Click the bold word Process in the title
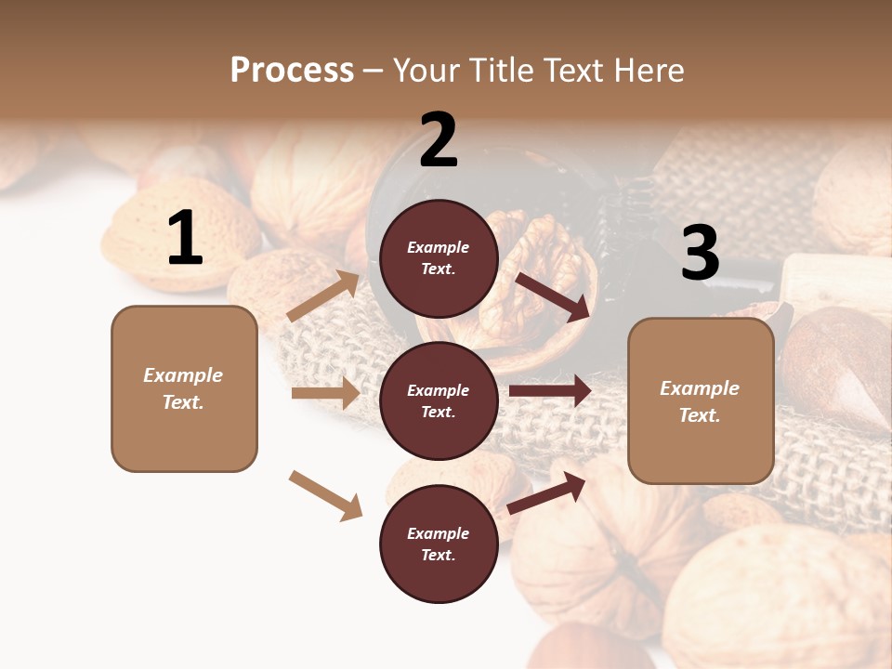pyautogui.click(x=292, y=70)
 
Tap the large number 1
pyautogui.click(x=185, y=238)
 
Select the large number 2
pyautogui.click(x=439, y=140)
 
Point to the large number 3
pyautogui.click(x=700, y=253)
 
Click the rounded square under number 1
pyautogui.click(x=184, y=388)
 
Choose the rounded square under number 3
pyautogui.click(x=701, y=401)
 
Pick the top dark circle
pyautogui.click(x=439, y=258)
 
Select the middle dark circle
pyautogui.click(x=439, y=401)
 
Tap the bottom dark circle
pyautogui.click(x=439, y=544)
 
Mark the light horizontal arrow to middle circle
pyautogui.click(x=325, y=393)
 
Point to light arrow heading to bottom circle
pyautogui.click(x=326, y=494)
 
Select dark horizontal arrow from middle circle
pyautogui.click(x=550, y=391)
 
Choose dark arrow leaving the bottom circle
pyautogui.click(x=546, y=492)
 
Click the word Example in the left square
pyautogui.click(x=183, y=375)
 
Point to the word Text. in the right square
pyautogui.click(x=700, y=415)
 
